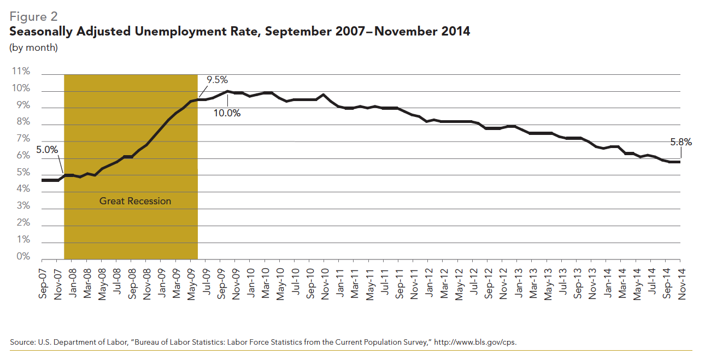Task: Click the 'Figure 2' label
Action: pos(33,16)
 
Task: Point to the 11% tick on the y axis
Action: pos(21,72)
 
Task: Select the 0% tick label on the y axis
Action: pos(22,257)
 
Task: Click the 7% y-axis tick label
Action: pos(22,139)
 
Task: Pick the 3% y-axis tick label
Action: pos(22,206)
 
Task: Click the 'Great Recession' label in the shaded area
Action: pos(135,201)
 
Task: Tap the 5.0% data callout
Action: pos(47,150)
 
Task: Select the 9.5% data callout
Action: pos(217,80)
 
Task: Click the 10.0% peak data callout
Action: pos(227,114)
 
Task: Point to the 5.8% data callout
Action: pos(681,143)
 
